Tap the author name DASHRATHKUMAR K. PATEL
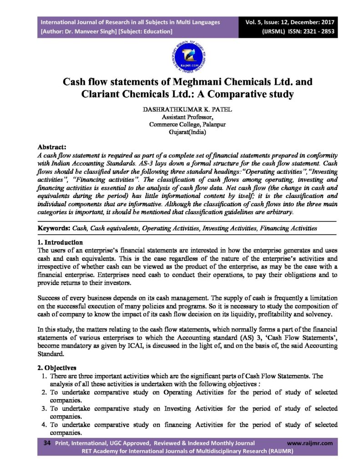[180, 110]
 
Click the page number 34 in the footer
[46, 443]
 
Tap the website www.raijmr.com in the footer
[310, 443]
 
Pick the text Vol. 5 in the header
[253, 21]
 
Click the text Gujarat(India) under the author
[180, 132]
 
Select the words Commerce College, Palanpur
[180, 124]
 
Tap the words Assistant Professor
[180, 117]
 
